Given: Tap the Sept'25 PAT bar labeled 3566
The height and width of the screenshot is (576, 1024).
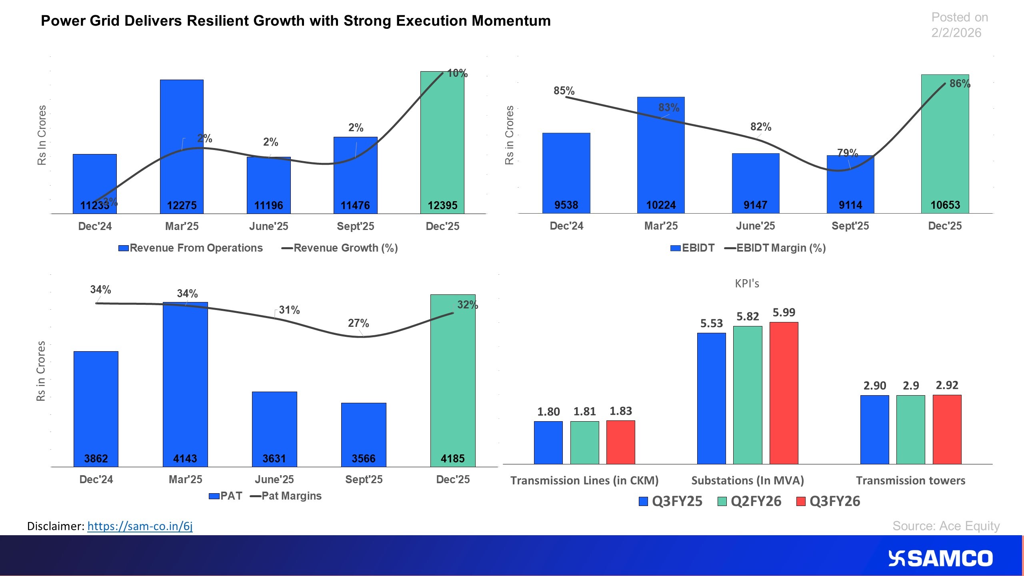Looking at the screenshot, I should (363, 432).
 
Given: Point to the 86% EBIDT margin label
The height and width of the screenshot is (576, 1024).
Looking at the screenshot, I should (960, 84).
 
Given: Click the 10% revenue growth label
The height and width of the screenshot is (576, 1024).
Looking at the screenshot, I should (457, 73).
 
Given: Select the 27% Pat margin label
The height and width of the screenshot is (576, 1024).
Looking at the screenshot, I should (358, 323).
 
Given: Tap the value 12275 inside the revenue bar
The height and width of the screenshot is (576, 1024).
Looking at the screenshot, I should (182, 205).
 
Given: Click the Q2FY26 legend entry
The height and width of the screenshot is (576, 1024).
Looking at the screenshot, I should (750, 501).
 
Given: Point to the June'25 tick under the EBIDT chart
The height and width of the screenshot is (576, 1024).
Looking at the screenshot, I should (755, 226).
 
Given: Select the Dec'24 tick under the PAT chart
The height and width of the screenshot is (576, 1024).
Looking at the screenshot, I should (96, 479).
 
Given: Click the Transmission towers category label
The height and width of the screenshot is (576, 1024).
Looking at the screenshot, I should (910, 480).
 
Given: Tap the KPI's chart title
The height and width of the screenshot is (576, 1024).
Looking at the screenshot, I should (747, 284).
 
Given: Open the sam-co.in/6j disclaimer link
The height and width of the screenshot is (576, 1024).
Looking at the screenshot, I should (140, 526).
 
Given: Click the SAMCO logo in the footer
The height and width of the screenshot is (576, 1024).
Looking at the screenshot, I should (940, 558).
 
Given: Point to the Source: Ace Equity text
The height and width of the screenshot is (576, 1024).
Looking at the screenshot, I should (946, 526).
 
